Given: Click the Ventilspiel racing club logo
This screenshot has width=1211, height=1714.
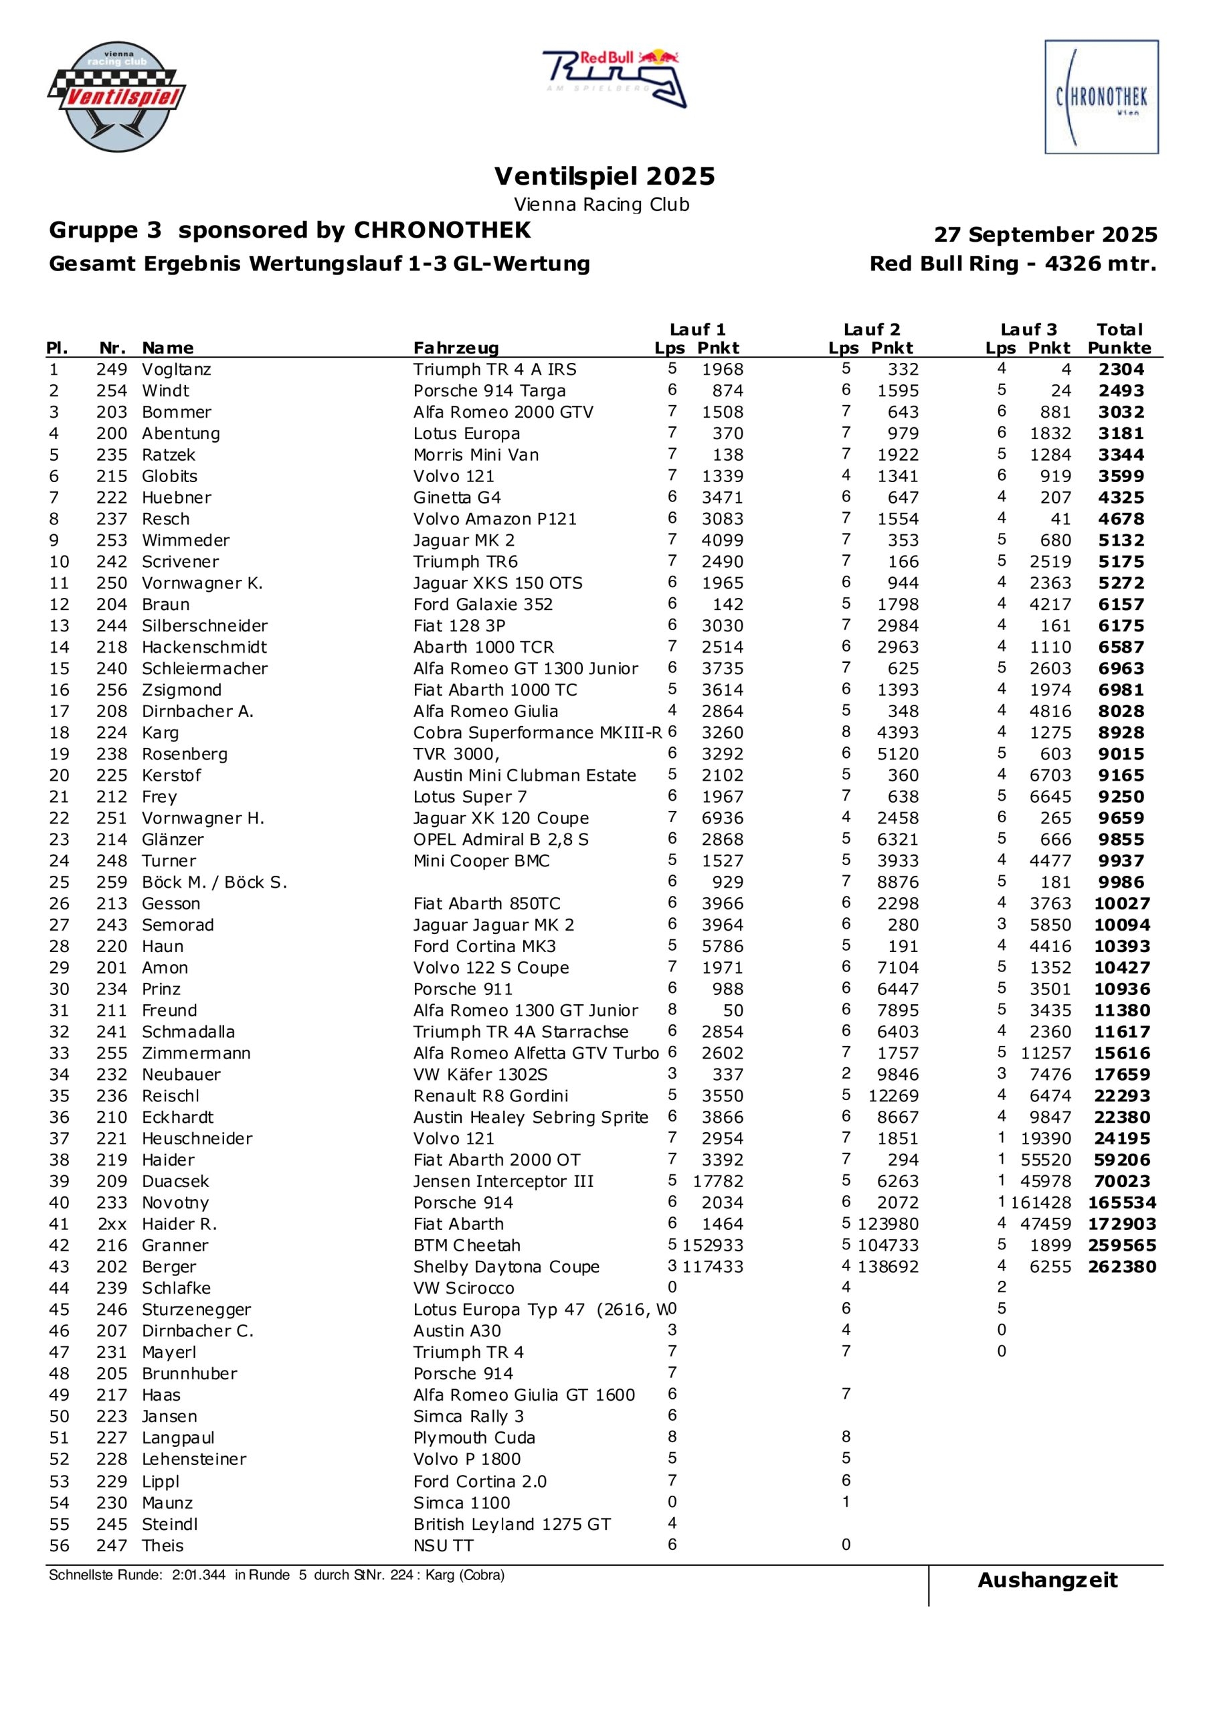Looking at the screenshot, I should pyautogui.click(x=116, y=96).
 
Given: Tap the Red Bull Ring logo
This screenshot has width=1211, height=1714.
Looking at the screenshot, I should pyautogui.click(x=614, y=78).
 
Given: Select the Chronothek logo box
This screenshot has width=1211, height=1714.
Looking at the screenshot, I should pyautogui.click(x=1101, y=97).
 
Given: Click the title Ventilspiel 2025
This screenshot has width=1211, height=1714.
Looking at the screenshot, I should pyautogui.click(x=604, y=176).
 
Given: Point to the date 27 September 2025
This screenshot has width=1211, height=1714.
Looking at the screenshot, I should pyautogui.click(x=1044, y=234).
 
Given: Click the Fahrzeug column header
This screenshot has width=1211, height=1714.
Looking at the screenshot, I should pyautogui.click(x=455, y=348).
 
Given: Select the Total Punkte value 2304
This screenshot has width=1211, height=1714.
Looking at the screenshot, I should pyautogui.click(x=1121, y=370).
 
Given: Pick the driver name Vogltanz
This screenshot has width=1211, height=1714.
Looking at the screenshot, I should pyautogui.click(x=176, y=370).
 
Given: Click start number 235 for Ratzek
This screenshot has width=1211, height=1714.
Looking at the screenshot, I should pyautogui.click(x=111, y=455).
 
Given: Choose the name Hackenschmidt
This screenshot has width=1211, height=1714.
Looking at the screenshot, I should pyautogui.click(x=203, y=647).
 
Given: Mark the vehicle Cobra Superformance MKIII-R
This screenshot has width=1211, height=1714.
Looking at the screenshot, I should pyautogui.click(x=537, y=732).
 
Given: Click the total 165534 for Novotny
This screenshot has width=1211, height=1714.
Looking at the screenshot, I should pyautogui.click(x=1121, y=1202).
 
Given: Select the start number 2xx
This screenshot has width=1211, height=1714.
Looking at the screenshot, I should pyautogui.click(x=112, y=1225).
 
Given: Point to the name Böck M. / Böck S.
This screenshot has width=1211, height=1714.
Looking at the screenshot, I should pyautogui.click(x=214, y=882).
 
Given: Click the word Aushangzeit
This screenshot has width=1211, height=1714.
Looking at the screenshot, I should pyautogui.click(x=1047, y=1580).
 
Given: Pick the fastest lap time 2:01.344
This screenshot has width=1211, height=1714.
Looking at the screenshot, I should pyautogui.click(x=199, y=1575).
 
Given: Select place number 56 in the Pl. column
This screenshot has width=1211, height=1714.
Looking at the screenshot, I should pyautogui.click(x=59, y=1545).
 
